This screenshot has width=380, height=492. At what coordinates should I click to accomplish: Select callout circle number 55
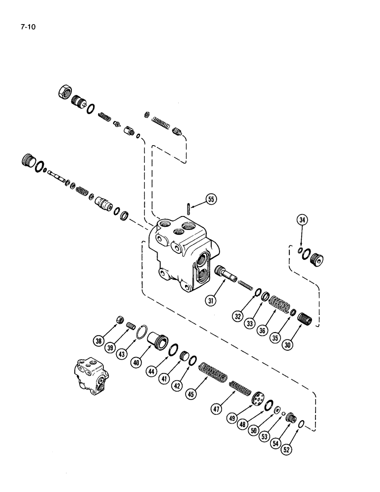coord(211,200)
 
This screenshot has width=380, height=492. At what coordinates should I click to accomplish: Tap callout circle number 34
coord(302,220)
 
